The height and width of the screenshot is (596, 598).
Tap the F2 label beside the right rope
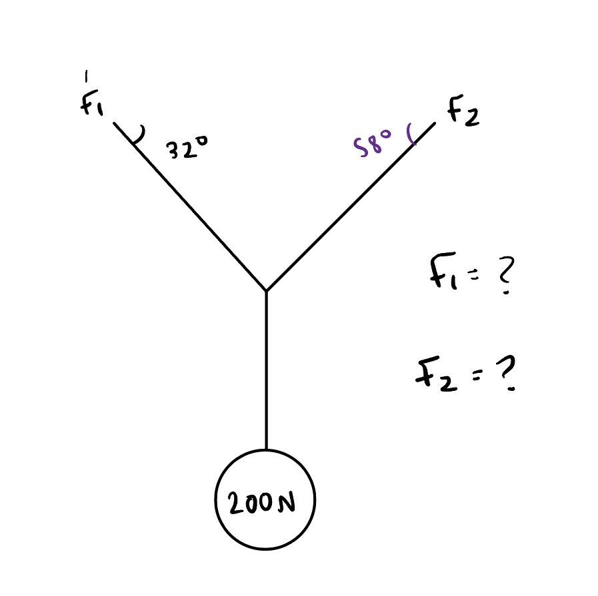pos(461,113)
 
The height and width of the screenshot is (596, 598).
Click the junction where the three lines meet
pos(266,290)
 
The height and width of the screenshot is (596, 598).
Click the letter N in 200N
pos(286,504)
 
